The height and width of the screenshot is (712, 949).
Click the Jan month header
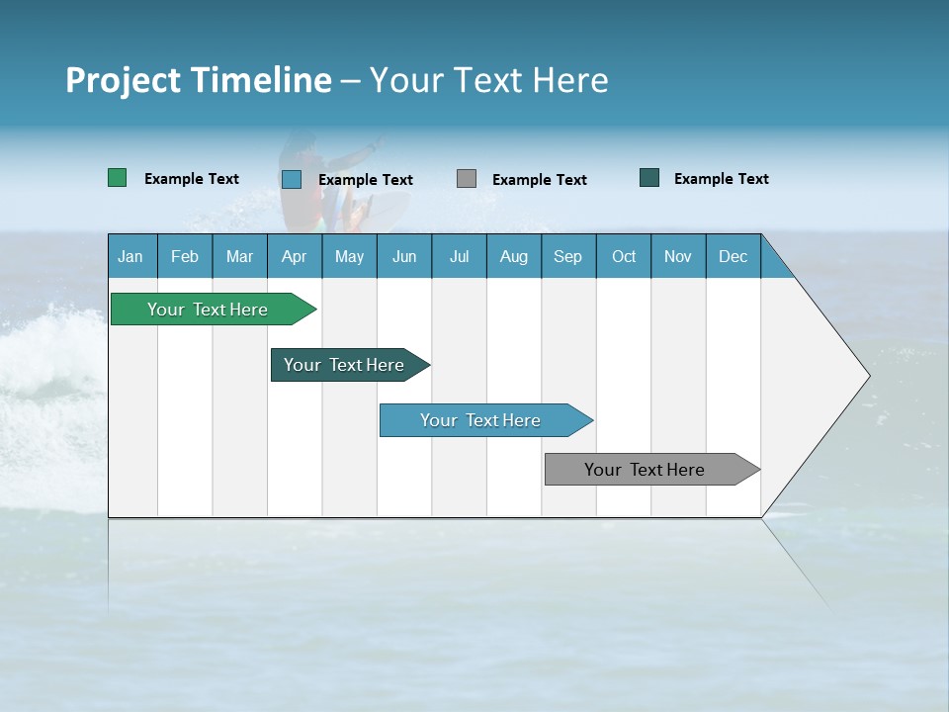click(130, 256)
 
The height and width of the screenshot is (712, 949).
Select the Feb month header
click(185, 256)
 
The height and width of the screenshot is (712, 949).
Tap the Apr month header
click(294, 256)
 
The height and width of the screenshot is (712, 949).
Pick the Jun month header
click(404, 256)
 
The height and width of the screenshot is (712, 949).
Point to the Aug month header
click(513, 256)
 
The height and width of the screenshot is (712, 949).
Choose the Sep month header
click(567, 256)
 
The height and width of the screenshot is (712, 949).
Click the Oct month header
click(624, 256)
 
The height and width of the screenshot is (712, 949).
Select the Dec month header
click(733, 256)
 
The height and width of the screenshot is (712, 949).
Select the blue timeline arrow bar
click(481, 420)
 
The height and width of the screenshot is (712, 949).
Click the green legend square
click(118, 178)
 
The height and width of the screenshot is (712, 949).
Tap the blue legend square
click(292, 179)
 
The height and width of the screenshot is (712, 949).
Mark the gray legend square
click(467, 179)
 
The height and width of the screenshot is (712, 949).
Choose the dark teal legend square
click(649, 178)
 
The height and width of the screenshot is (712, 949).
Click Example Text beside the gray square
click(540, 180)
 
